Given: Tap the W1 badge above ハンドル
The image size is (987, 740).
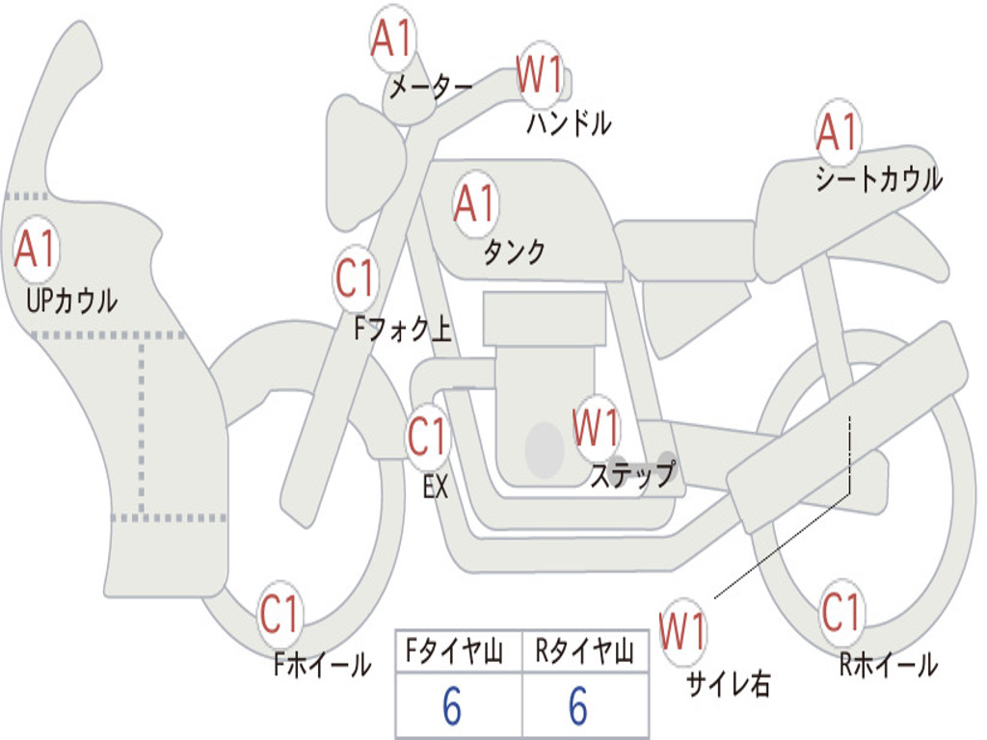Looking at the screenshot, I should tap(540, 74).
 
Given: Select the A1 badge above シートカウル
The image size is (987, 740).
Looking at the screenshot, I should tap(838, 132).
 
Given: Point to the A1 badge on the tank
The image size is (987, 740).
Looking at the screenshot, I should tap(475, 204).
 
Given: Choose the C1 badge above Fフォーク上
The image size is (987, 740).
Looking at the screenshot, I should tap(356, 279).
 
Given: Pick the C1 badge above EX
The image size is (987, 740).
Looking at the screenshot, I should tap(428, 437).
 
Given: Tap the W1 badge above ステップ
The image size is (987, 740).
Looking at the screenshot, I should tap(596, 427).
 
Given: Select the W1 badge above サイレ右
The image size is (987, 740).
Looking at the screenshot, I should tap(682, 632).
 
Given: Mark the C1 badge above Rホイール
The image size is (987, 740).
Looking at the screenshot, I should tap(841, 611).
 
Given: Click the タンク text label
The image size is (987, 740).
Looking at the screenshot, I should tap(514, 252).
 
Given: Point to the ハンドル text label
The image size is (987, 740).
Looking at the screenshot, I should tap(569, 123).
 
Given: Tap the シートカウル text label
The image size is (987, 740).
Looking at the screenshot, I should tap(878, 179).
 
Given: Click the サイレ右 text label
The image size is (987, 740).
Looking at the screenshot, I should tap(728, 683).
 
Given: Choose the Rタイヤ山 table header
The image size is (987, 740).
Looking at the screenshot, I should tap(584, 654).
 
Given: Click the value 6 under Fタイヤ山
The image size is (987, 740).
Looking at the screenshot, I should tap(452, 707).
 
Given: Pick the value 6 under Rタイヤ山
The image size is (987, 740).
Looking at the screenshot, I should tap(578, 707).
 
